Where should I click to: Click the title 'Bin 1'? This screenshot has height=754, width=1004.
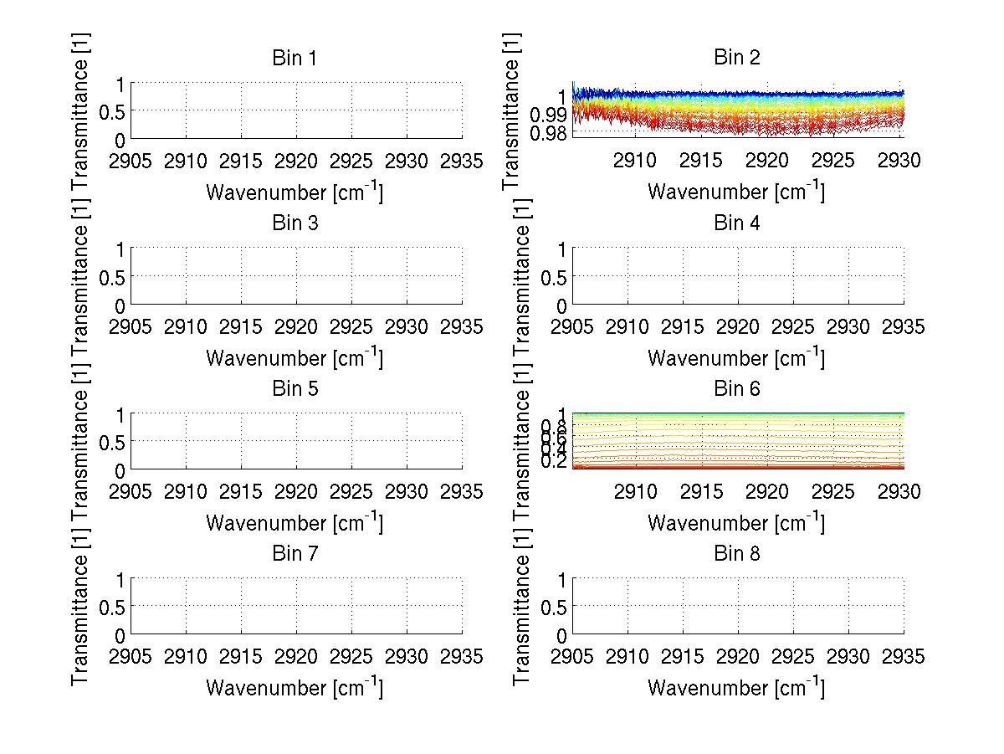point(295,58)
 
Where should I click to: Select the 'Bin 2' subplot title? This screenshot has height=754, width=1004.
point(736,58)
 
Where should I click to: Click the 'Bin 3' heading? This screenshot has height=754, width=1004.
point(295,223)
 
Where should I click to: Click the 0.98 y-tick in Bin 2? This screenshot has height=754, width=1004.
point(549,133)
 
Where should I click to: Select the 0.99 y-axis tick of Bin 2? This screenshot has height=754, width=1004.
point(549,114)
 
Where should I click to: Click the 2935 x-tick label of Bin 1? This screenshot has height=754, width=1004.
point(462,160)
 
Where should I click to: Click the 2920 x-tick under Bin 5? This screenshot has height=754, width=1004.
point(296,491)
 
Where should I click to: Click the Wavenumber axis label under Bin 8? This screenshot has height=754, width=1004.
point(736,688)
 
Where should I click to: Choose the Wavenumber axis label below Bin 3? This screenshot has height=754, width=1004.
point(295,357)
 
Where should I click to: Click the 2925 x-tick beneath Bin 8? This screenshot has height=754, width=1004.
point(793,656)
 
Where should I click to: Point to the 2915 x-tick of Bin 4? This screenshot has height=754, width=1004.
point(683,326)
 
